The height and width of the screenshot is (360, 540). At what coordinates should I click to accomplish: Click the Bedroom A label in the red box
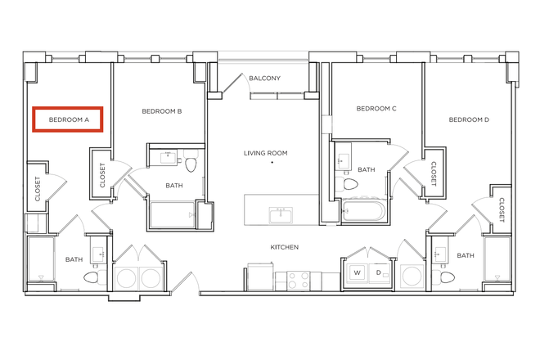tap(69, 120)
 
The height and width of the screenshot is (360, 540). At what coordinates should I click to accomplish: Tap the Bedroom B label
tap(162, 111)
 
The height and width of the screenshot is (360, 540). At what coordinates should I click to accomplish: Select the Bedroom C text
tap(376, 109)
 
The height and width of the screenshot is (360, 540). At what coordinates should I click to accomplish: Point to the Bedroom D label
tap(469, 119)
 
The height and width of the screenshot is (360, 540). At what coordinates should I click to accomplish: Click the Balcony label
tap(264, 79)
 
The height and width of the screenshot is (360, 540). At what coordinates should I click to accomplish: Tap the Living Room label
tap(266, 153)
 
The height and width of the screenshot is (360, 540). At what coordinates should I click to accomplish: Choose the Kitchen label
tap(285, 247)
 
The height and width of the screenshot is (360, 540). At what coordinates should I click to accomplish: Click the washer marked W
tap(357, 272)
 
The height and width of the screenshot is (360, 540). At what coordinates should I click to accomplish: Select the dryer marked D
tap(380, 272)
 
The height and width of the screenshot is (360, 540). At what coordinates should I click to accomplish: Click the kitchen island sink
tap(281, 215)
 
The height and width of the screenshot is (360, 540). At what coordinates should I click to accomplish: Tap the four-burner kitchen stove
tap(299, 281)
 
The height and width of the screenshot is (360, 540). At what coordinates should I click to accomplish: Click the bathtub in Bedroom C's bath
tap(363, 209)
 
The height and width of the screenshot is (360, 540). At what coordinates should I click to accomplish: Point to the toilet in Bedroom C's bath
tap(347, 184)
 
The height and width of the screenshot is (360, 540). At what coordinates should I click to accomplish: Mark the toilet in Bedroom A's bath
tap(95, 277)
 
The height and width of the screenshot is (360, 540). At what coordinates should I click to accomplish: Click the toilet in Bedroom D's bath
tap(443, 277)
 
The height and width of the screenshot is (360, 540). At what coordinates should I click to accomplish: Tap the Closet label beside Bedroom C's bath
tap(434, 174)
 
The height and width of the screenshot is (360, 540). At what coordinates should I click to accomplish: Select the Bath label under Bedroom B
tap(174, 186)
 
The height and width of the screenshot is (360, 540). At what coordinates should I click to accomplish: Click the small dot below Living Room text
tap(272, 162)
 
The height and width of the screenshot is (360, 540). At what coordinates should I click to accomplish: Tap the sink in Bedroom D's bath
tap(440, 255)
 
